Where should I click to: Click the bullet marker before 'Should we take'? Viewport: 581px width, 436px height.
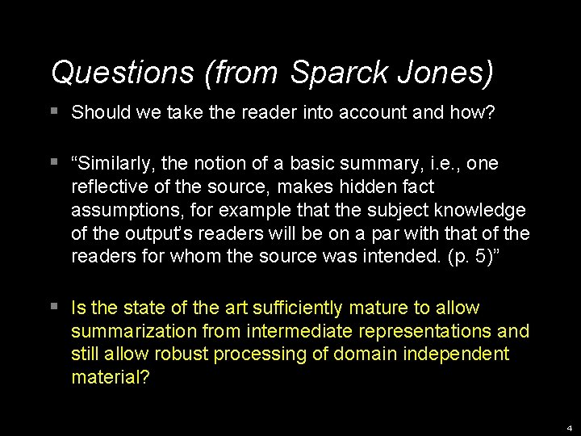pos(53,111)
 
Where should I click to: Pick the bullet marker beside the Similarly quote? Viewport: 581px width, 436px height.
pos(53,163)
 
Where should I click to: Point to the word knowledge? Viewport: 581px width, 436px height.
pos(483,211)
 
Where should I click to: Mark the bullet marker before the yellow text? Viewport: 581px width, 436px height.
pos(53,307)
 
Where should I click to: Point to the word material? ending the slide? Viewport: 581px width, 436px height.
pos(111,377)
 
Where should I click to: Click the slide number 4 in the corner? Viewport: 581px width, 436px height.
pos(570,428)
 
